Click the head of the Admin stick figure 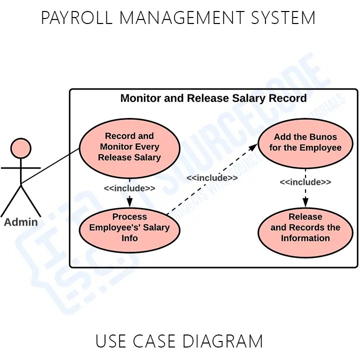pyautogui.click(x=20, y=148)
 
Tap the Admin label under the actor pyautogui.click(x=20, y=222)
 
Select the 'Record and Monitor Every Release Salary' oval pyautogui.click(x=129, y=146)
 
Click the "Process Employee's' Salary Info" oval pyautogui.click(x=129, y=227)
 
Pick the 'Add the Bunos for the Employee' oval pyautogui.click(x=305, y=142)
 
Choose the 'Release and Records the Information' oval pyautogui.click(x=305, y=227)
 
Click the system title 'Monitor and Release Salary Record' pyautogui.click(x=213, y=98)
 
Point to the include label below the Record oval pyautogui.click(x=129, y=188)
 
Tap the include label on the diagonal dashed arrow pyautogui.click(x=212, y=177)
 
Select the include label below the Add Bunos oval pyautogui.click(x=305, y=182)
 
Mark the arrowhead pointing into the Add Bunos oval pyautogui.click(x=253, y=145)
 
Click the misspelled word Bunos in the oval pyautogui.click(x=323, y=136)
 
